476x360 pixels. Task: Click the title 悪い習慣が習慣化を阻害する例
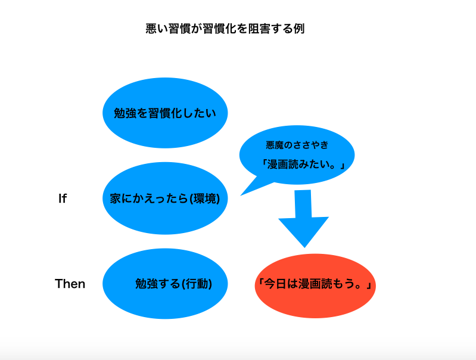click(x=225, y=29)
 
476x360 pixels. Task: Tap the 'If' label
click(x=63, y=198)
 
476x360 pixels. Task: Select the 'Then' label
click(x=70, y=284)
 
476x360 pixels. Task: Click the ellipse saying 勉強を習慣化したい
click(x=165, y=113)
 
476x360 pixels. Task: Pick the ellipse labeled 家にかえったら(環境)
click(x=165, y=198)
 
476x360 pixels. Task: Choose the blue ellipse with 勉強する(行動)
click(x=165, y=284)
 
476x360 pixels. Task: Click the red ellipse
click(x=315, y=285)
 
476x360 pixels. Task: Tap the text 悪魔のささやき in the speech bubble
click(x=297, y=145)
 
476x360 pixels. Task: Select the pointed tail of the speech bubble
click(x=241, y=195)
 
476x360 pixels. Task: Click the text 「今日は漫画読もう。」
click(x=314, y=284)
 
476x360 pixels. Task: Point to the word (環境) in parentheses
click(x=204, y=198)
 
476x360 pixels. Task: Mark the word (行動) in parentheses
click(x=197, y=284)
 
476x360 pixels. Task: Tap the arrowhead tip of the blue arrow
click(x=305, y=247)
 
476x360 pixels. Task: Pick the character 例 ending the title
click(x=299, y=29)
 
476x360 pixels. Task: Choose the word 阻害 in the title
click(x=259, y=29)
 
